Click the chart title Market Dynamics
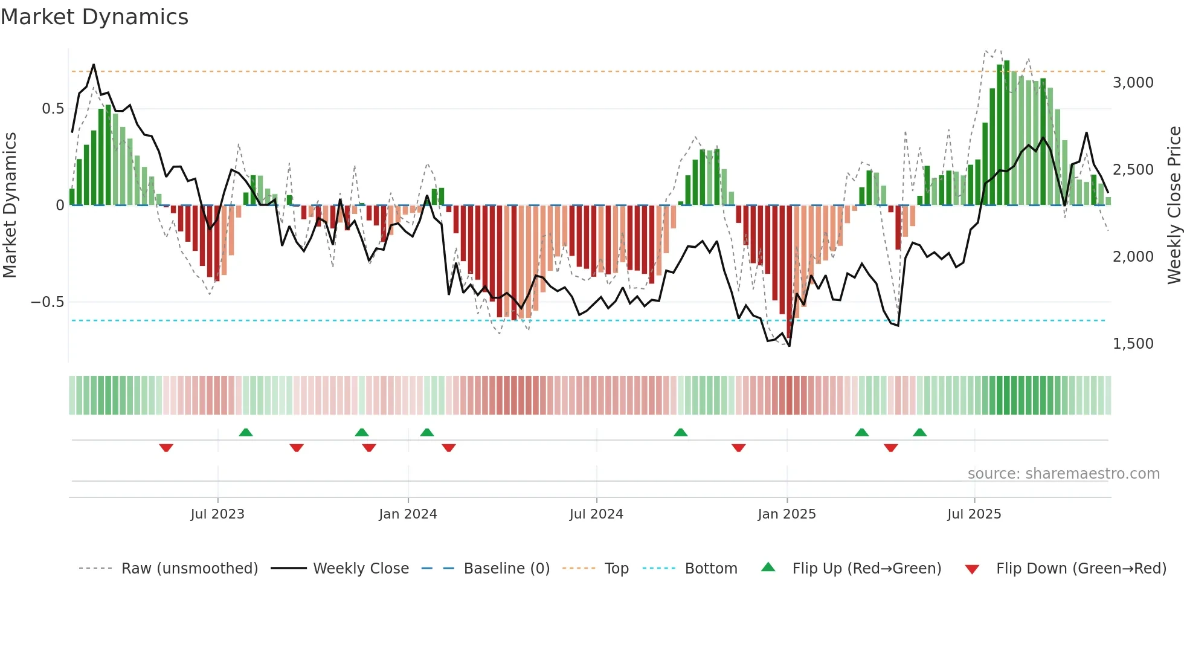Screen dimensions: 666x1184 94,17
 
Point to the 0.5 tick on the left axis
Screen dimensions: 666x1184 53,109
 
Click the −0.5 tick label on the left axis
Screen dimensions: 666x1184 48,302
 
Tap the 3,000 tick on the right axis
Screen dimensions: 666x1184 1133,83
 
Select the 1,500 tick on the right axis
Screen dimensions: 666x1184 1133,344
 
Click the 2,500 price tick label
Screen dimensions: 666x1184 1133,170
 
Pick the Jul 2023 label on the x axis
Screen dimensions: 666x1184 217,514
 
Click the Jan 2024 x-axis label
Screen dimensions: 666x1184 408,514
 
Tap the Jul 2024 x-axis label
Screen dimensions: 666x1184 596,514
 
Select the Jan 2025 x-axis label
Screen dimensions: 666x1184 787,514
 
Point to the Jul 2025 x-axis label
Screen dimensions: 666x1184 974,514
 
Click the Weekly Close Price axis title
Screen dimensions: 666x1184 1174,205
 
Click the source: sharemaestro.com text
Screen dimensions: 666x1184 1063,474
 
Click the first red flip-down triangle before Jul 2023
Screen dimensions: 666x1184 166,448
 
